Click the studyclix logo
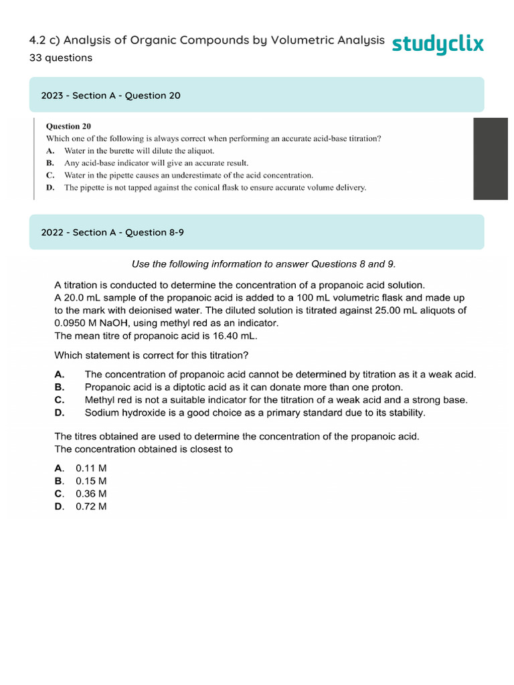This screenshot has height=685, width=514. coord(438,44)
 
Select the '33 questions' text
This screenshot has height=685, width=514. coord(61,58)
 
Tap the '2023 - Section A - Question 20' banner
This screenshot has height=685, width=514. coord(256,95)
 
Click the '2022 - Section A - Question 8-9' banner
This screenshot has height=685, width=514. coord(256,232)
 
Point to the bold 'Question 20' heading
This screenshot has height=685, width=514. coord(68,126)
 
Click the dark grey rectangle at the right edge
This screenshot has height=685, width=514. coord(490,159)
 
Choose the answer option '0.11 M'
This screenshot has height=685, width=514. coord(91,468)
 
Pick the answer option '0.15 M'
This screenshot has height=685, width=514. coord(91,481)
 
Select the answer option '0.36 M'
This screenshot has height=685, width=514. coord(91,494)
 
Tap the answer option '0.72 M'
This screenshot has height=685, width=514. coord(91,506)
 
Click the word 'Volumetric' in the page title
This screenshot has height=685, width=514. coord(301,41)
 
